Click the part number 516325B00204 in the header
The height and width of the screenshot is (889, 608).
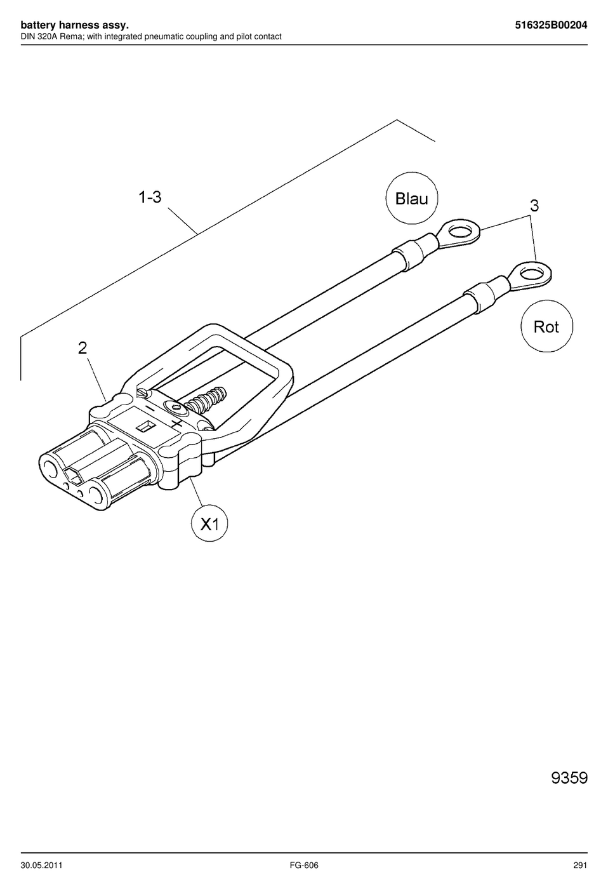(x=551, y=25)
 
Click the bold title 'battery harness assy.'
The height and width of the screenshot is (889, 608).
(x=74, y=25)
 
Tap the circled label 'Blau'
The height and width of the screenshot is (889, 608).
(x=412, y=198)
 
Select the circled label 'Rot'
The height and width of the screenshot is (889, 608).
(x=546, y=326)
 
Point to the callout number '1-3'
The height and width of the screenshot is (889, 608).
(x=150, y=197)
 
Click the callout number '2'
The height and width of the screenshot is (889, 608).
(x=82, y=348)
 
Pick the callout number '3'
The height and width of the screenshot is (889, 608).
(x=534, y=206)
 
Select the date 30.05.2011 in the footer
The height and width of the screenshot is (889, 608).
(x=42, y=865)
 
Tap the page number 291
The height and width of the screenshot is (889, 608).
(x=580, y=865)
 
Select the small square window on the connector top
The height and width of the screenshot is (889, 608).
(x=145, y=427)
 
